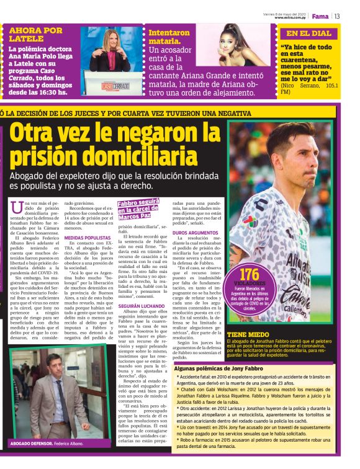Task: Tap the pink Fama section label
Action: tap(320, 16)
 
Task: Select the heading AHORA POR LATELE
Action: tap(36, 34)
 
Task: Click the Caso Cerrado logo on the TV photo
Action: tap(115, 85)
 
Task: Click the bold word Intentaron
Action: tap(169, 33)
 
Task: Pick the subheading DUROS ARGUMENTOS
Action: tap(194, 232)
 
